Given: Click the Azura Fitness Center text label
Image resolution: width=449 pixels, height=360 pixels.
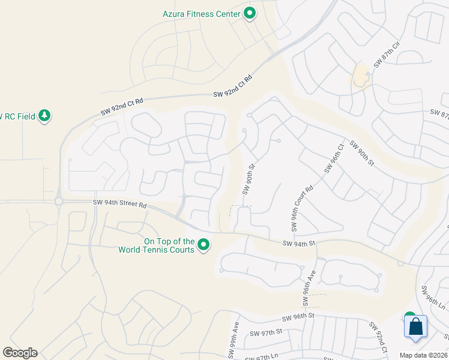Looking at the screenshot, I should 200,13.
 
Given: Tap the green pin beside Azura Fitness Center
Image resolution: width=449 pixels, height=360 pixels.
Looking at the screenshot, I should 250,13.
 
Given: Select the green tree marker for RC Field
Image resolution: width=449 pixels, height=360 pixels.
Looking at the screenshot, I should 44,115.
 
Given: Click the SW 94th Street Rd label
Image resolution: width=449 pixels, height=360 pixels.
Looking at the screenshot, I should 120,204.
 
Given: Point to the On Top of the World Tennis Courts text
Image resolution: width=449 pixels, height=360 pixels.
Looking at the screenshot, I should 169,245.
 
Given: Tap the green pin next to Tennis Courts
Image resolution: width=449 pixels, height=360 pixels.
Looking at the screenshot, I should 203,245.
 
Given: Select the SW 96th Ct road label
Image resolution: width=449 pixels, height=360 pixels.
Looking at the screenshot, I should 333,159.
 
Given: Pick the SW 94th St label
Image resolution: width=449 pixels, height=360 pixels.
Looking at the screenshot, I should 299,243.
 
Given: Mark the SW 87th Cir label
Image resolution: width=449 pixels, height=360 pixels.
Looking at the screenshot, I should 386,56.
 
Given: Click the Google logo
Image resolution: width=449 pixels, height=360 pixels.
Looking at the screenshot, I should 20,353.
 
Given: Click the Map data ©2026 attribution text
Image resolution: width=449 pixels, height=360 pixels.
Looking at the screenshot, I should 423,355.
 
